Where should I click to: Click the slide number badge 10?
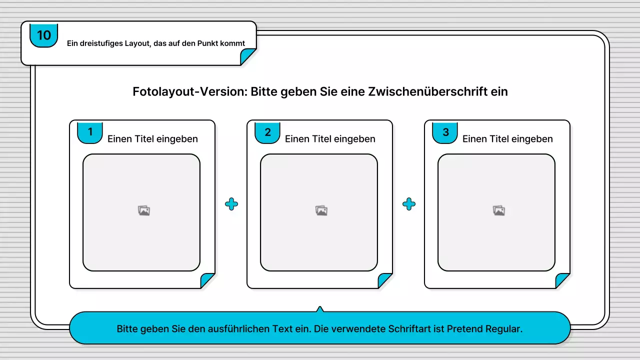44,35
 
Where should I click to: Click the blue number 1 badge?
90,132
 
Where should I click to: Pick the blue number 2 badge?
267,132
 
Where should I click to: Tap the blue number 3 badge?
445,132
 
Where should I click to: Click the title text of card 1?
152,139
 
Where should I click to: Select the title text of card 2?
330,139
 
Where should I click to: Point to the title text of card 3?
507,139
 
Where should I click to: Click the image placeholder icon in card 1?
144,211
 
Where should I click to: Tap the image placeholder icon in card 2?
321,211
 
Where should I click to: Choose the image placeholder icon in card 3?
499,211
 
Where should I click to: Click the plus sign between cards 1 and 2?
231,204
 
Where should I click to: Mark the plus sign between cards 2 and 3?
409,204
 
